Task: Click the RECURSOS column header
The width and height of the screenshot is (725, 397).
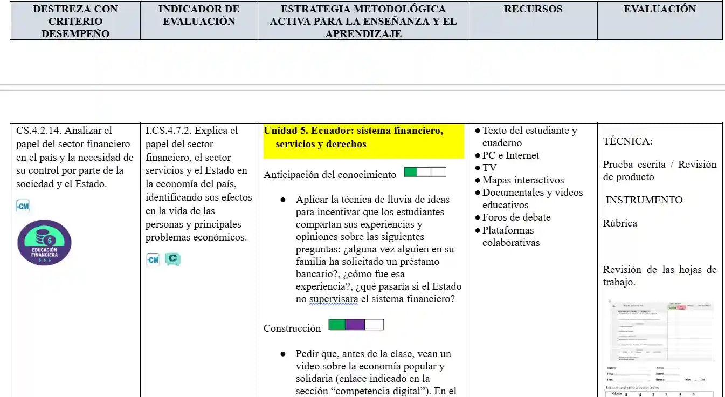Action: click(533, 9)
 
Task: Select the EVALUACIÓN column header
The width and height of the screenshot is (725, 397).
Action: click(659, 9)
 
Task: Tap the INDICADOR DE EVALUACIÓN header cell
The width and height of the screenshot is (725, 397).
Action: click(199, 15)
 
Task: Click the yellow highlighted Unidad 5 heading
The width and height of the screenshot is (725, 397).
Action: click(363, 138)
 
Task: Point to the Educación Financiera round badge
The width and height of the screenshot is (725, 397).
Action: click(44, 243)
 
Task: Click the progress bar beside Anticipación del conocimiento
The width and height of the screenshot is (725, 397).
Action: click(425, 172)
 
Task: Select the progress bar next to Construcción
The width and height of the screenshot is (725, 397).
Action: click(356, 325)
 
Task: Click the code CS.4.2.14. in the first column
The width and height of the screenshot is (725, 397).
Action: click(39, 131)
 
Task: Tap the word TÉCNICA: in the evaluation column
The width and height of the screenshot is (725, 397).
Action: click(627, 141)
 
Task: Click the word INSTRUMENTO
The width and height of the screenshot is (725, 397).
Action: click(644, 200)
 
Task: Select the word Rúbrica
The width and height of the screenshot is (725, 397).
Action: click(620, 223)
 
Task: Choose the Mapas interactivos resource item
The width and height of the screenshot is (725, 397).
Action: click(522, 180)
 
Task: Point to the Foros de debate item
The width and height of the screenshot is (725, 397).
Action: click(516, 217)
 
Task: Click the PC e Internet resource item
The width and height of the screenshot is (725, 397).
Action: click(510, 155)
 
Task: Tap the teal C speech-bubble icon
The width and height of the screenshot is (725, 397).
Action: click(172, 259)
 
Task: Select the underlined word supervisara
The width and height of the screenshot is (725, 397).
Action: click(334, 299)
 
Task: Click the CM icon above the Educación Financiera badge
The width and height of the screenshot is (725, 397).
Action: click(23, 206)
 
